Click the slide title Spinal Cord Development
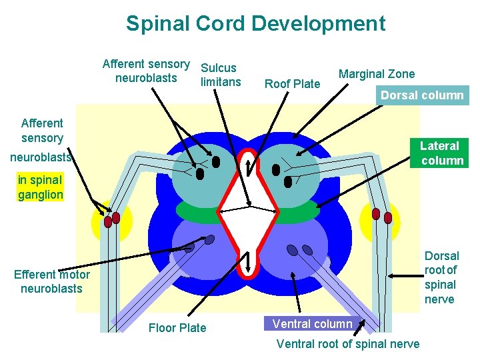[255, 24]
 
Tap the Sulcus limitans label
[220, 75]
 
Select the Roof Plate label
[292, 83]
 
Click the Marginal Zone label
[376, 74]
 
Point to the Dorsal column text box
[421, 95]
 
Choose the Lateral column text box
[441, 153]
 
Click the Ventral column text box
[312, 324]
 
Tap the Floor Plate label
[177, 327]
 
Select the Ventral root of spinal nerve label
[347, 344]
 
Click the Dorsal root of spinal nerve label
[441, 277]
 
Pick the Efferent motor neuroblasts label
[51, 281]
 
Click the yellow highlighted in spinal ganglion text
[41, 187]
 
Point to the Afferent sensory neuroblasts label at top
[145, 71]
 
